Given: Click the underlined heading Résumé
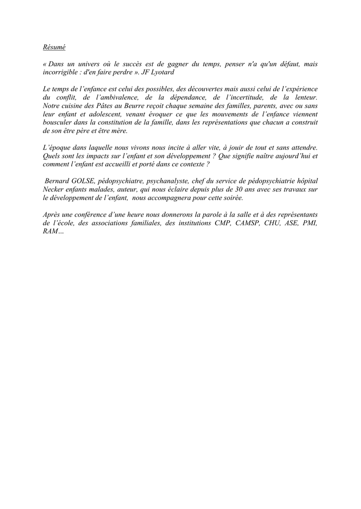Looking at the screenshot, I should point(54,48).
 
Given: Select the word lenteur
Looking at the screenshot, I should point(305,97).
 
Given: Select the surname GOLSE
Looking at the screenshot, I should point(82,181).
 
